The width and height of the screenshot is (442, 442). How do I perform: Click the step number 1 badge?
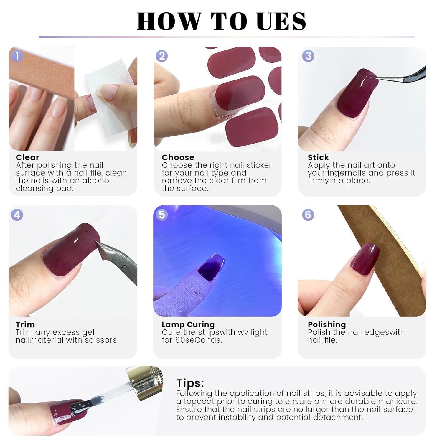pyautogui.click(x=17, y=56)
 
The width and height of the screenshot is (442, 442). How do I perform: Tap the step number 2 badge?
pyautogui.click(x=162, y=56)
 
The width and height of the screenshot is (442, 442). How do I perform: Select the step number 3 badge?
pyautogui.click(x=308, y=56)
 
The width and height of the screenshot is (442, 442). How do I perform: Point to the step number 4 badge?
pyautogui.click(x=17, y=215)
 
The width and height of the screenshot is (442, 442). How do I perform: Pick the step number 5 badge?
pyautogui.click(x=162, y=215)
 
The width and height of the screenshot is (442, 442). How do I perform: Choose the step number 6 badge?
pyautogui.click(x=308, y=215)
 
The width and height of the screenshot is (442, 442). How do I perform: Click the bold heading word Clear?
pyautogui.click(x=27, y=157)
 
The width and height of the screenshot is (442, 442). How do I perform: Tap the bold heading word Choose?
pyautogui.click(x=178, y=157)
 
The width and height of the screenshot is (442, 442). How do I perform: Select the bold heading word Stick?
pyautogui.click(x=318, y=157)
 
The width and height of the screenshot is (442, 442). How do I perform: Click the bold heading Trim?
pyautogui.click(x=25, y=324)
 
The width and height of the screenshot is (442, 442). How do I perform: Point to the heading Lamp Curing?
pyautogui.click(x=188, y=325)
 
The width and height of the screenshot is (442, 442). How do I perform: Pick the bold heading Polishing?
pyautogui.click(x=327, y=325)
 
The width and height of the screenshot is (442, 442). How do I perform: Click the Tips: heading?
pyautogui.click(x=190, y=383)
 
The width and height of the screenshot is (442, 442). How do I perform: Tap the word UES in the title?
pyautogui.click(x=281, y=22)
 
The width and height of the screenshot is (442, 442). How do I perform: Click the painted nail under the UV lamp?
pyautogui.click(x=211, y=265)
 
